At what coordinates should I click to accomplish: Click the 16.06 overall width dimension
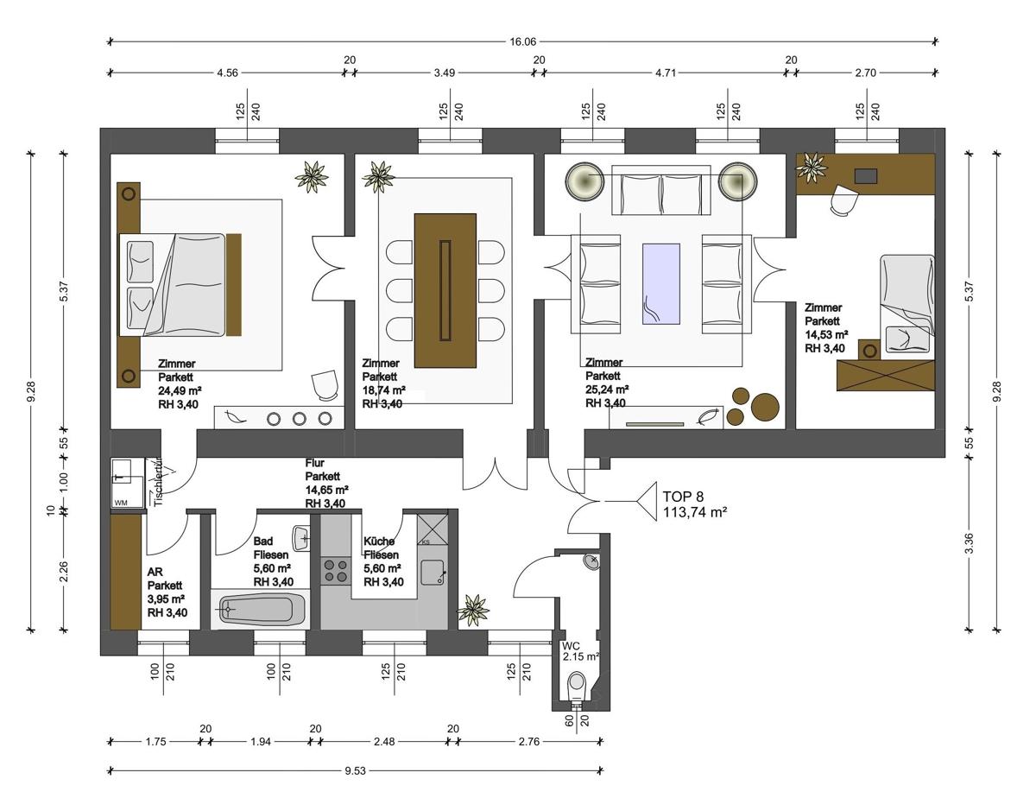[x=523, y=42]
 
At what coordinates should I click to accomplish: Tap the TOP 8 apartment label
[x=683, y=497]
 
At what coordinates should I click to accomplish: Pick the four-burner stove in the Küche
[x=335, y=571]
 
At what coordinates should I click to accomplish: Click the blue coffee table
[x=660, y=284]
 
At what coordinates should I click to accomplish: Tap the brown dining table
[x=445, y=291]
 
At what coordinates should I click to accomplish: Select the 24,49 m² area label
[x=180, y=390]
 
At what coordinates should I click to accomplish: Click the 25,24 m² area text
[x=607, y=389]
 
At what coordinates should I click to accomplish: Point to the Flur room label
[x=314, y=462]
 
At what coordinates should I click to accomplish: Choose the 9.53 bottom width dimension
[x=355, y=771]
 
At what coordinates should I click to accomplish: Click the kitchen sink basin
[x=433, y=573]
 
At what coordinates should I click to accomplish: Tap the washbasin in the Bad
[x=302, y=538]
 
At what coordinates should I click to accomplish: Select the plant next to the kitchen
[x=473, y=610]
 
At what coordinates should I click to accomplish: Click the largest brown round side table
[x=765, y=407]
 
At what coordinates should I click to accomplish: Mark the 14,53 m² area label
[x=826, y=334]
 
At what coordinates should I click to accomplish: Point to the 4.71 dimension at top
[x=665, y=73]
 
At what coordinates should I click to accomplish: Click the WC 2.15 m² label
[x=580, y=651]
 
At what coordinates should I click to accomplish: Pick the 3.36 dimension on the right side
[x=969, y=544]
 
